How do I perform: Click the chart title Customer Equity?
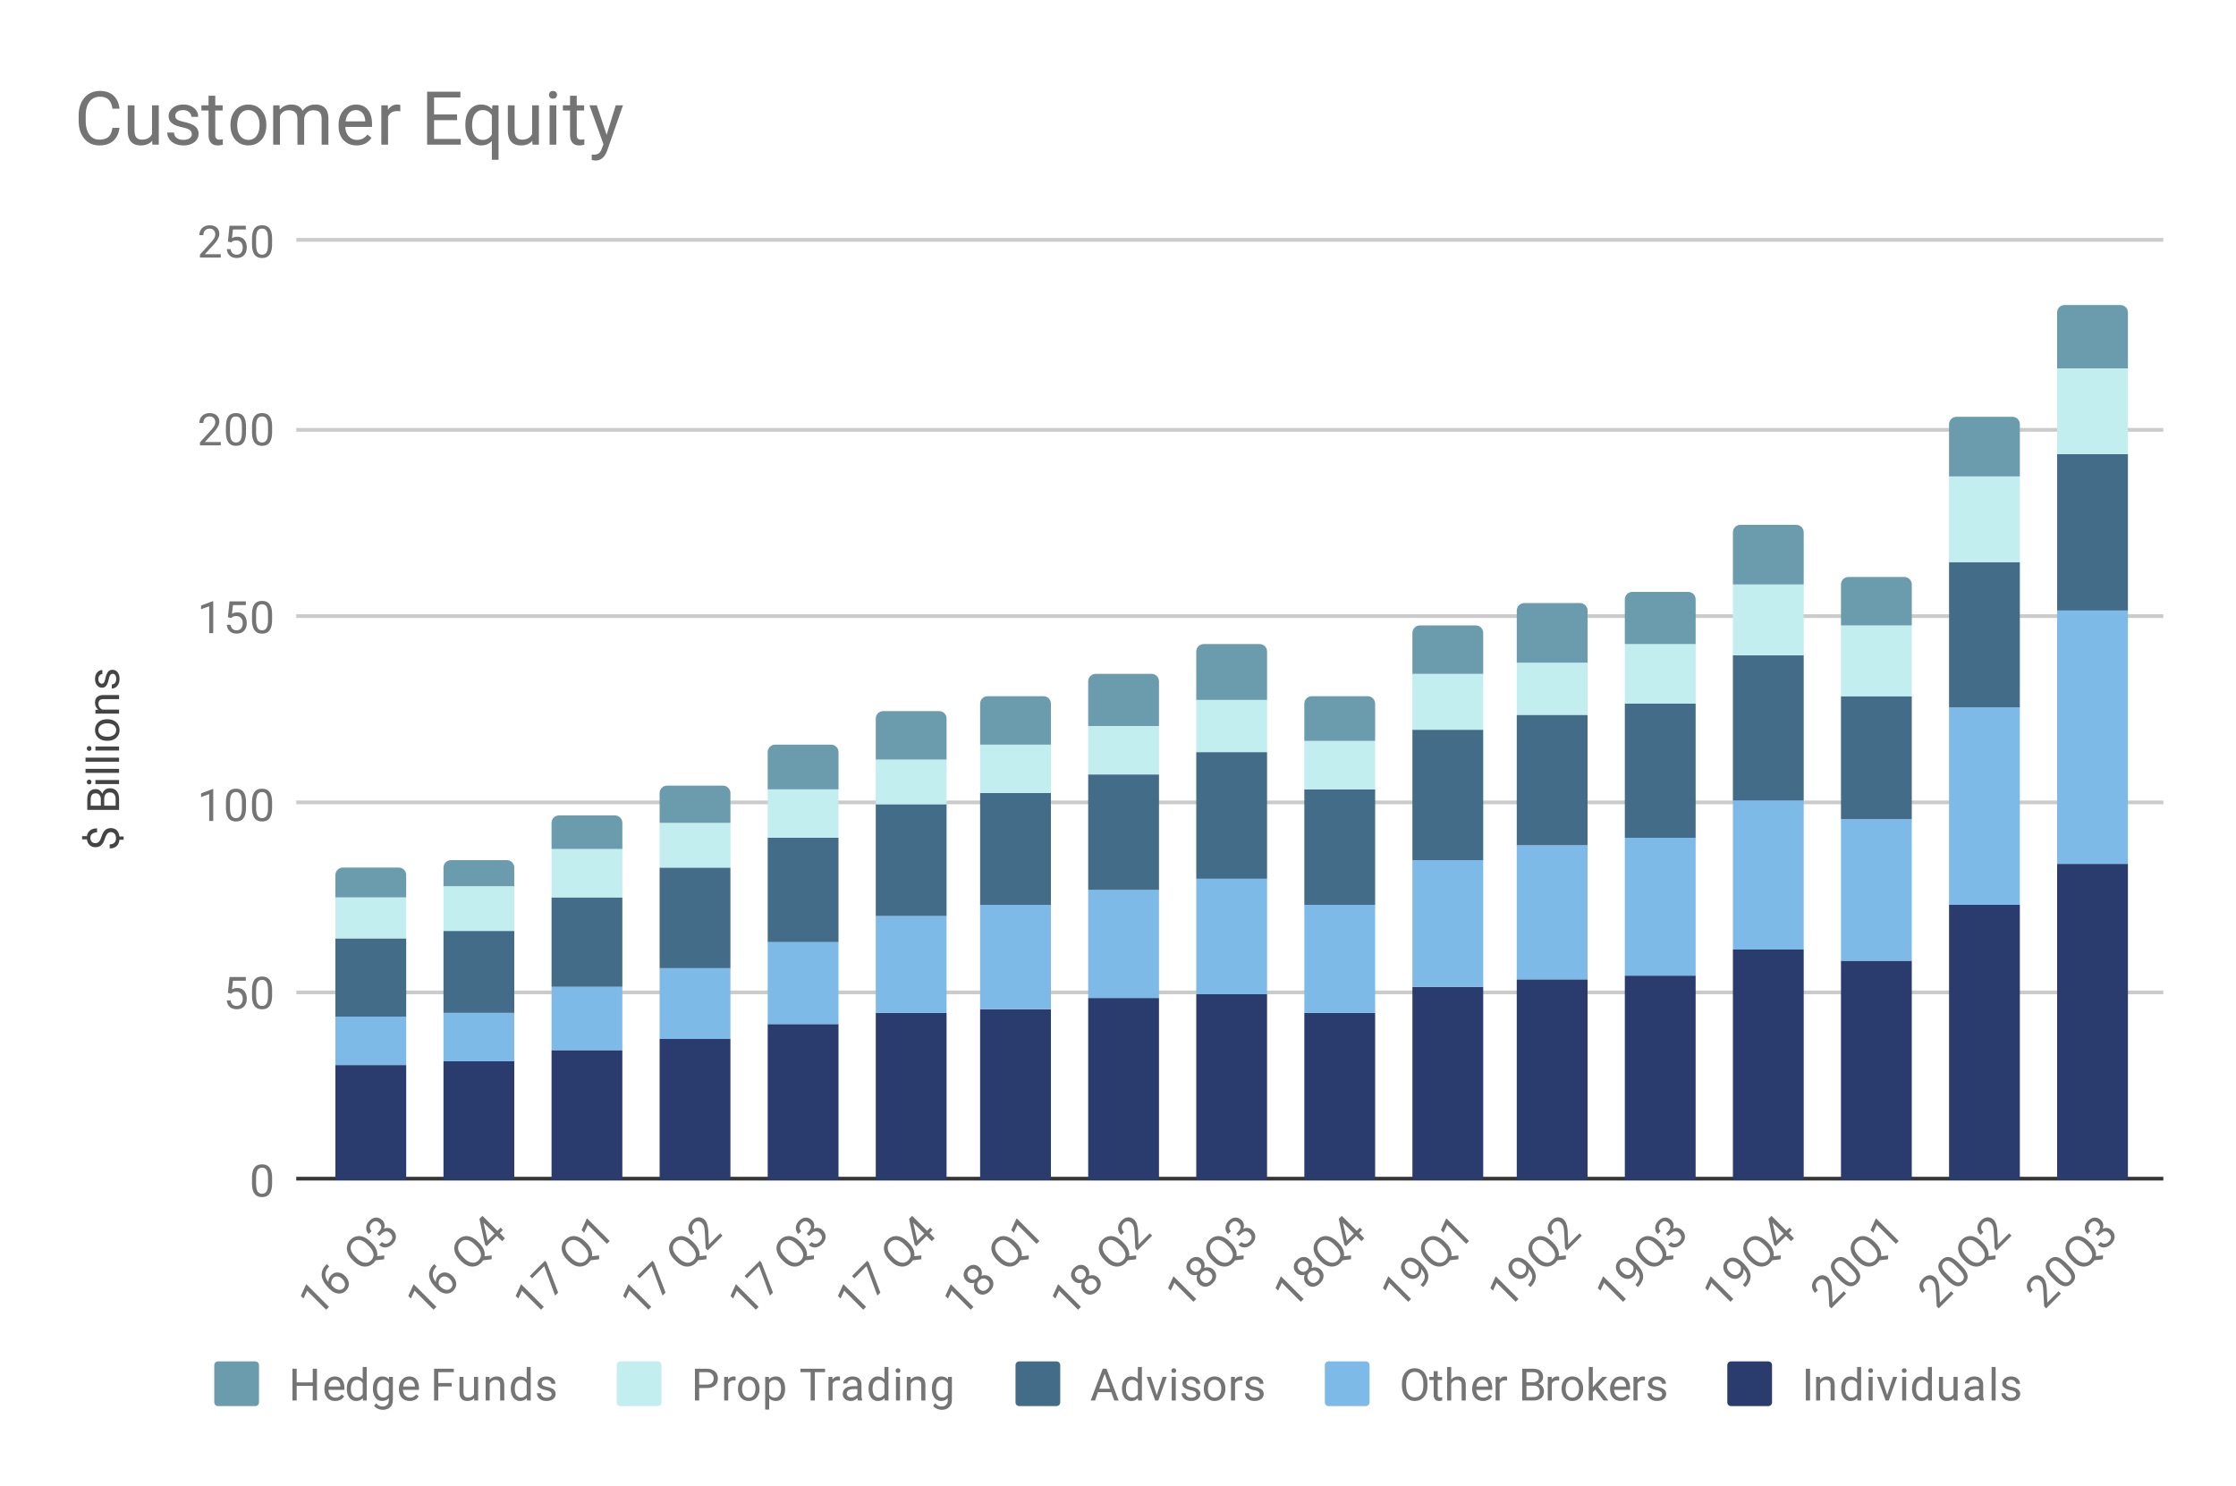click(x=349, y=121)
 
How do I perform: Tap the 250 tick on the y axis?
click(x=235, y=242)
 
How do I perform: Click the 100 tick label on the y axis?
click(x=235, y=806)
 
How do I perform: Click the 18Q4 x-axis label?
click(x=1319, y=1263)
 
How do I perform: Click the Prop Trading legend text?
click(x=822, y=1386)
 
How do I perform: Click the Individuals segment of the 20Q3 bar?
click(x=2092, y=1021)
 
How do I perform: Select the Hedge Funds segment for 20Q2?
click(x=1984, y=447)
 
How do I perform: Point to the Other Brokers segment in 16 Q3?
click(x=370, y=1041)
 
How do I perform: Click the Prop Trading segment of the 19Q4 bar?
click(x=1767, y=620)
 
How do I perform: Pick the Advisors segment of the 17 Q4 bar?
click(x=910, y=859)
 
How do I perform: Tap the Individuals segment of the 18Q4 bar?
click(x=1339, y=1095)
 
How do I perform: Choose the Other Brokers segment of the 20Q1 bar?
click(x=1876, y=890)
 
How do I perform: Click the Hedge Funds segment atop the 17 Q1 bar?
click(x=587, y=833)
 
